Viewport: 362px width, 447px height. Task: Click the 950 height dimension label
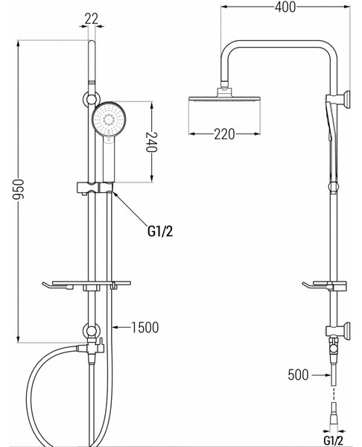click(x=19, y=189)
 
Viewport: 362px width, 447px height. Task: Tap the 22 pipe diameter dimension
click(x=91, y=19)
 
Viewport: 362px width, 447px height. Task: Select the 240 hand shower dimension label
click(x=152, y=142)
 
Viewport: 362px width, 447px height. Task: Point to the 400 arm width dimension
click(x=285, y=7)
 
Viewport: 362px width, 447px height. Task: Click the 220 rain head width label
click(x=225, y=134)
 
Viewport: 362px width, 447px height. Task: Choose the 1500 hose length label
click(x=145, y=328)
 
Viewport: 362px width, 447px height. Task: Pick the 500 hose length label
click(x=298, y=375)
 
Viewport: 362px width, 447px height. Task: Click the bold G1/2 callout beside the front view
click(x=160, y=231)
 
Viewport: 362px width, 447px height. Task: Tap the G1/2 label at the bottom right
click(x=334, y=441)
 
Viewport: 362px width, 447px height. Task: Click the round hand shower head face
click(x=109, y=119)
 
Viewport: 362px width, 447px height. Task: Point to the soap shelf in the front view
click(x=86, y=285)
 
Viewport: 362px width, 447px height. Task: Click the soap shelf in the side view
click(x=324, y=285)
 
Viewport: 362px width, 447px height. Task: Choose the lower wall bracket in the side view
click(x=338, y=331)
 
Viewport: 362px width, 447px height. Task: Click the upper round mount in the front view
click(x=91, y=99)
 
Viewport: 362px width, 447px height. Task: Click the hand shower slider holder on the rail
click(x=95, y=188)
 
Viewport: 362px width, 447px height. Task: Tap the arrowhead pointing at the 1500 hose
click(x=115, y=328)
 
